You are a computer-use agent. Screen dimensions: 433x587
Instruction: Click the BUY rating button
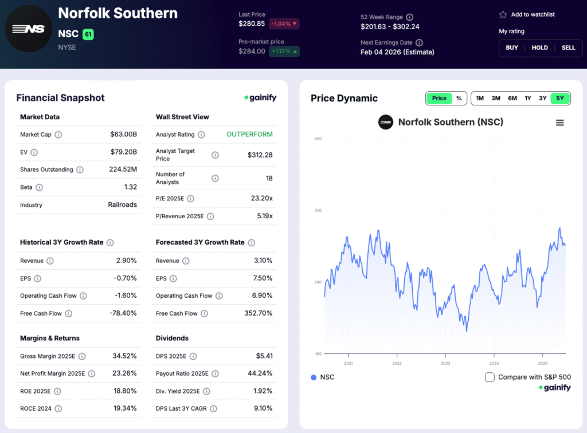click(x=511, y=48)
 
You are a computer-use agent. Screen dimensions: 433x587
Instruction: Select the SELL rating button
click(x=568, y=48)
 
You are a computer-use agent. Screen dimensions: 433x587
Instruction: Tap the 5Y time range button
click(x=560, y=98)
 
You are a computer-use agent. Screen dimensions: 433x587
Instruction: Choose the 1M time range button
click(x=480, y=98)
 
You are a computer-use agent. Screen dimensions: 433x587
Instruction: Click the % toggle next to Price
click(x=459, y=98)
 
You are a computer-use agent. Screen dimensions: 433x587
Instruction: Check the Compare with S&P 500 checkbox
click(x=490, y=377)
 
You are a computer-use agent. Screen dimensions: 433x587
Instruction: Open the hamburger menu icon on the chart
click(x=560, y=123)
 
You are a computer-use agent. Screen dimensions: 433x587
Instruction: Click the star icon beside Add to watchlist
click(x=503, y=14)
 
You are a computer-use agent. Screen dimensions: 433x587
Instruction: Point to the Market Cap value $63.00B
click(x=123, y=135)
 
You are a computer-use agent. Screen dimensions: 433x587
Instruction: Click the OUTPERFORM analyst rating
click(x=249, y=135)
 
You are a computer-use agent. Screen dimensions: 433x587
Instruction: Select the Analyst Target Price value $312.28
click(x=260, y=155)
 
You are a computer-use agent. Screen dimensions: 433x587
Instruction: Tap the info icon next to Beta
click(x=39, y=187)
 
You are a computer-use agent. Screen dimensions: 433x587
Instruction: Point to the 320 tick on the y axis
click(x=318, y=210)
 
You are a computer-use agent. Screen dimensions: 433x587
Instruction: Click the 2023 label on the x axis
click(x=445, y=363)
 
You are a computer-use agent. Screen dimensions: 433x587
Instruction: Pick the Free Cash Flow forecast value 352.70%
click(x=257, y=313)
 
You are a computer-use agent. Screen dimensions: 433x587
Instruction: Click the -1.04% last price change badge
click(x=284, y=24)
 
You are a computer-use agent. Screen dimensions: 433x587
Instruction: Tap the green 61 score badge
click(x=88, y=34)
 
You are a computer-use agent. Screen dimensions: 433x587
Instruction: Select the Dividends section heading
click(x=172, y=338)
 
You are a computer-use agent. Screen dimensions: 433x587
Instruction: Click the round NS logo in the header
click(x=28, y=28)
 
